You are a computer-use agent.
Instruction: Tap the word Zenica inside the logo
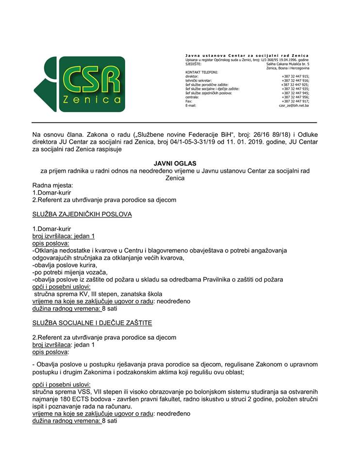coord(92,100)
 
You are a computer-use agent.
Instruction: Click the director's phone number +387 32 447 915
coord(295,76)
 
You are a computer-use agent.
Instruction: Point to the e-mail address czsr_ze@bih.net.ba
coord(294,105)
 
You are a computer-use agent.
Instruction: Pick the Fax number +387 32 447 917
coord(295,101)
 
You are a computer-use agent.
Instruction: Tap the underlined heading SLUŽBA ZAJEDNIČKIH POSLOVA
coord(82,214)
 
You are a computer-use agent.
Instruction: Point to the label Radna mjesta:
coord(52,185)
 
